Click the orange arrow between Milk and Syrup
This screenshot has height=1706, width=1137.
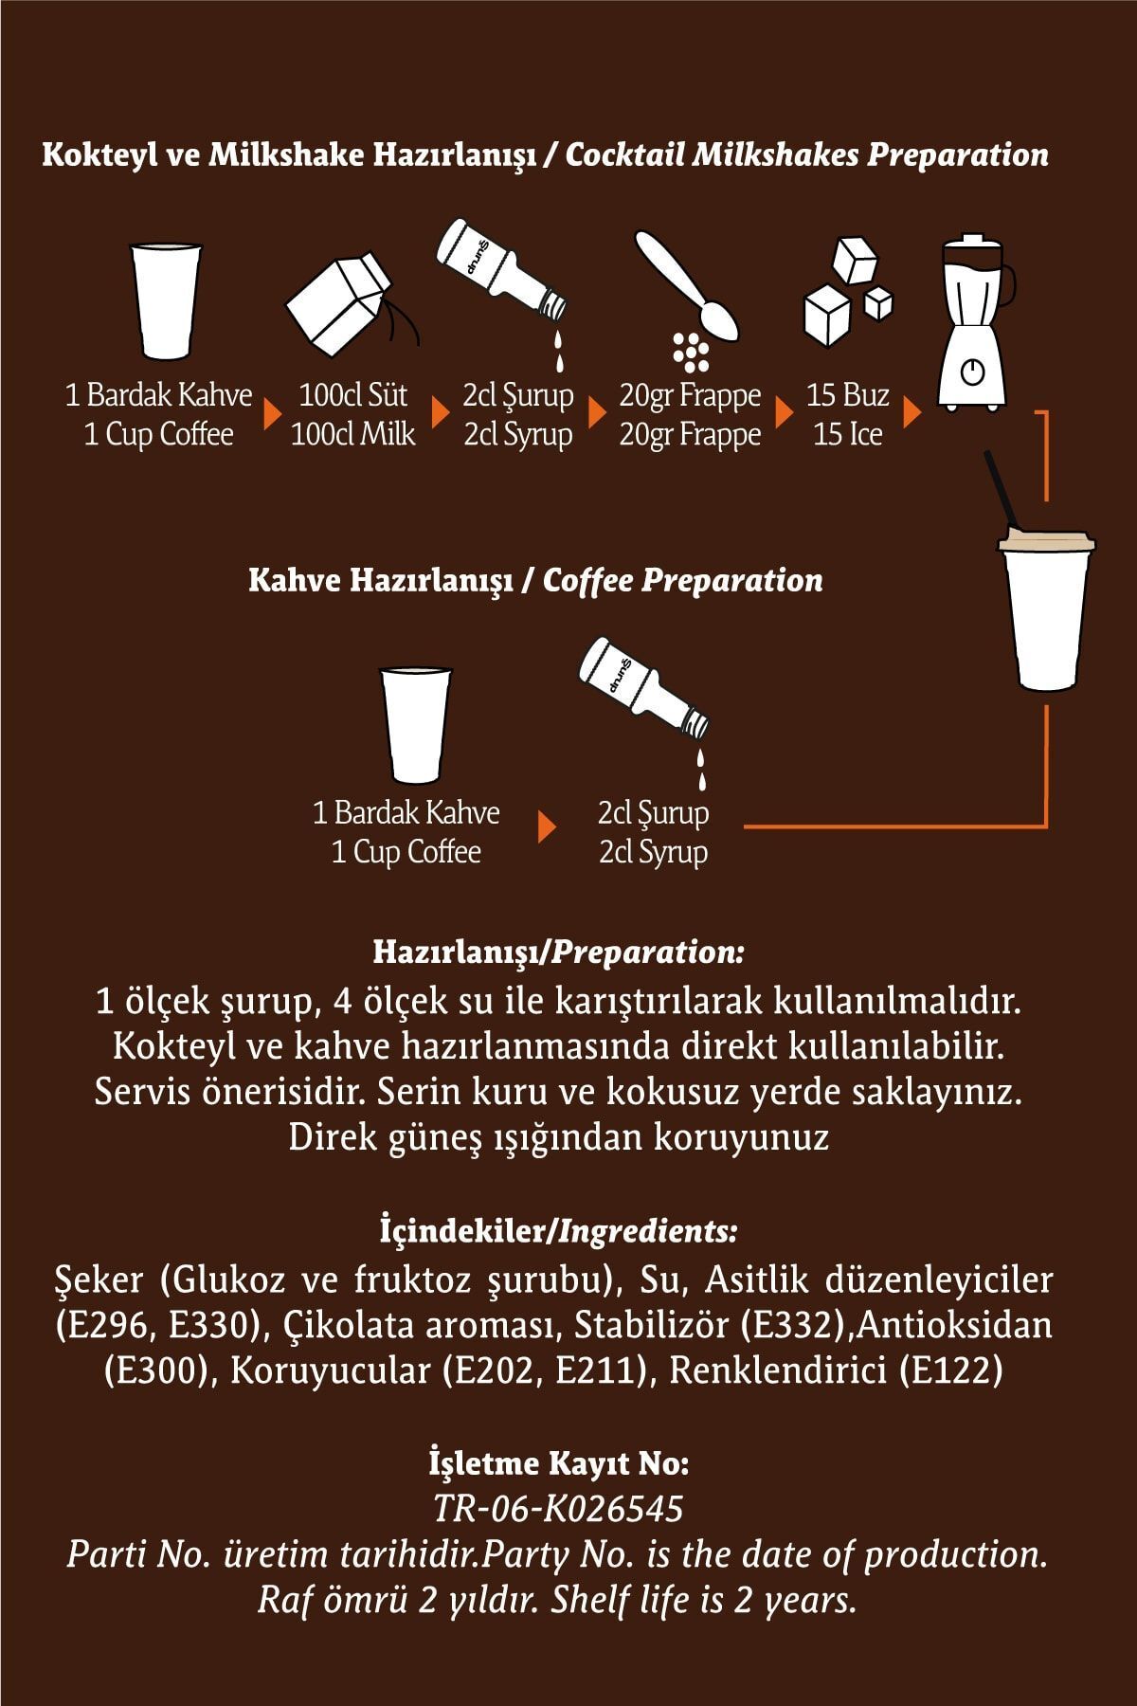[440, 413]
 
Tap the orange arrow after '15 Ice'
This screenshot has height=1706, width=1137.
[911, 413]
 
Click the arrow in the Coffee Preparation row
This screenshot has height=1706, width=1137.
[546, 826]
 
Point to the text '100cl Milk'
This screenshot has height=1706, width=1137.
[352, 434]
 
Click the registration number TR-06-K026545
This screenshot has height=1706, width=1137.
[557, 1508]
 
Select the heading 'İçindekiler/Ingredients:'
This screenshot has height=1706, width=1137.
[557, 1231]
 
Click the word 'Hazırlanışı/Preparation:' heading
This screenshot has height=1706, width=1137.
[558, 951]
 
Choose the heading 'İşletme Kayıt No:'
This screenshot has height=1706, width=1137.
[558, 1463]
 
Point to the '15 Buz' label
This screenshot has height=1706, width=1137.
[847, 394]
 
